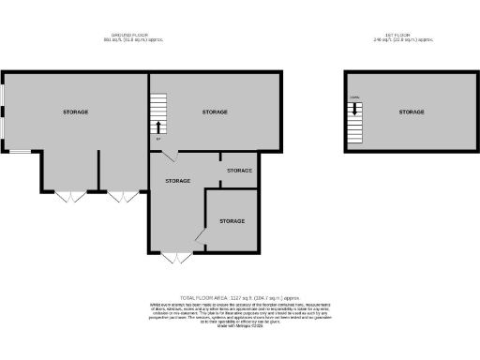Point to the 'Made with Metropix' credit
[239, 324]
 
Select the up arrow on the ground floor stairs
[157, 127]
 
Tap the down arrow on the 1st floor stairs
[356, 110]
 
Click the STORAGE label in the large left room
[76, 112]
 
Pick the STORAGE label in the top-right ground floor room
[216, 112]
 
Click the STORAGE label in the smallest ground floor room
[240, 171]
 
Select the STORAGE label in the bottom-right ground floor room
[232, 220]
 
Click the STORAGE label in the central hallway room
[178, 180]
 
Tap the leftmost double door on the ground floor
[68, 196]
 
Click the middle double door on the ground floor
[119, 196]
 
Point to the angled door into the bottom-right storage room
[200, 233]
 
